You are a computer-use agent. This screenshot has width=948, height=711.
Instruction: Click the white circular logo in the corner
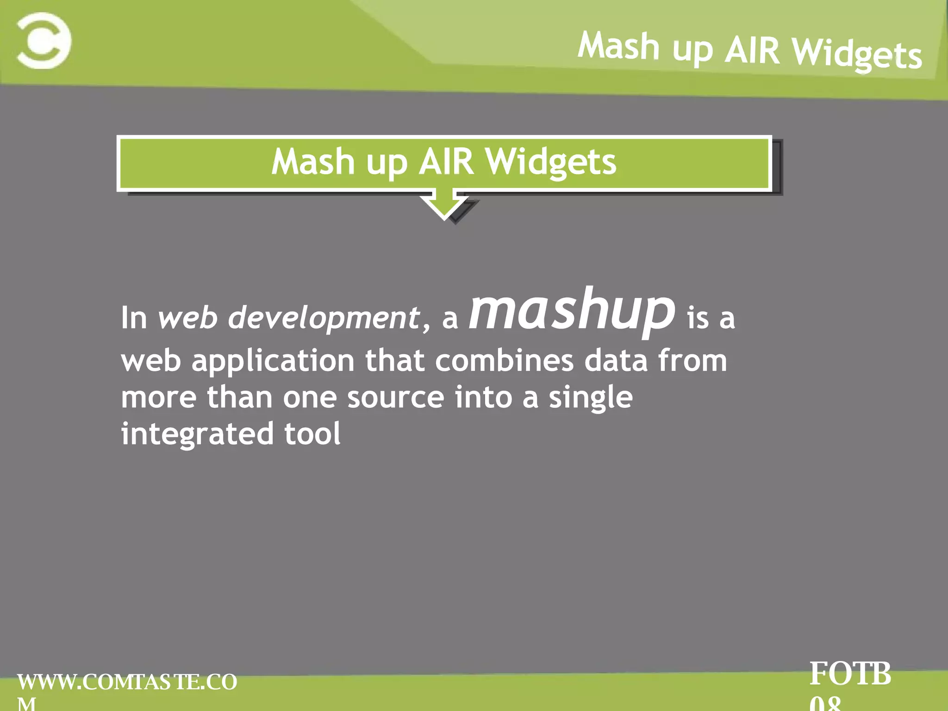pos(44,41)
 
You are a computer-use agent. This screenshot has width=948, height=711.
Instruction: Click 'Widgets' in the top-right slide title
pos(856,55)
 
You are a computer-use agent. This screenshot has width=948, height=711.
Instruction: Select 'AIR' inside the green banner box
pos(446,162)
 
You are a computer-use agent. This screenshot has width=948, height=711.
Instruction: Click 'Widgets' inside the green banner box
pos(551,163)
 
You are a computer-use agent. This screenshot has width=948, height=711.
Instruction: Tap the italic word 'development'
pos(324,318)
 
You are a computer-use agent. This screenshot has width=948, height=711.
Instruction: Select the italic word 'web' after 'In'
pos(187,318)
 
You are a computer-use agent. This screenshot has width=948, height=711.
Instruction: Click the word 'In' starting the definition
pos(134,318)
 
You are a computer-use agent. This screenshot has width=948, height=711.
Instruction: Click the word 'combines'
pos(504,361)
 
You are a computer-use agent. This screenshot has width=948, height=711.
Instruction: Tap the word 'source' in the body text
pos(396,398)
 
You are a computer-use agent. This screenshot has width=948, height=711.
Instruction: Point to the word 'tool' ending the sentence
pos(312,434)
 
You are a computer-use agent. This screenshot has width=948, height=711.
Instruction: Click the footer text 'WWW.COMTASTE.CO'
pos(127,682)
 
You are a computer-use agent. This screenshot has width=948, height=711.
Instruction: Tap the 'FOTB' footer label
pos(850,674)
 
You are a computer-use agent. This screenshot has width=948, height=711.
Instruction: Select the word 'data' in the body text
pos(616,361)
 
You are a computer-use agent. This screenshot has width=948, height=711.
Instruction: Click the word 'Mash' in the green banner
pos(313,162)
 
